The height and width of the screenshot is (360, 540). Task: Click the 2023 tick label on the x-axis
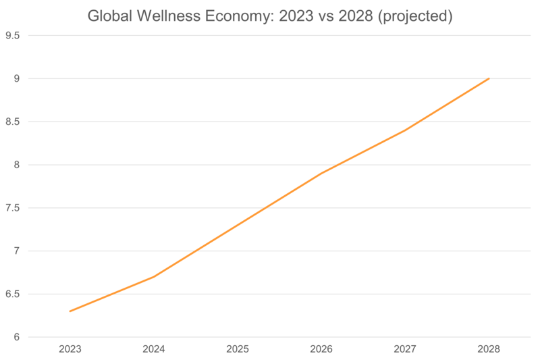point(70,349)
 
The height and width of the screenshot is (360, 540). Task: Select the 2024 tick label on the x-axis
point(154,349)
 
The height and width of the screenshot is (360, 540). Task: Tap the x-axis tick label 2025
point(238,349)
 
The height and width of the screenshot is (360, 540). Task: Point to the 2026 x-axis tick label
point(321,349)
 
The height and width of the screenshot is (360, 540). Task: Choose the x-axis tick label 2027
point(405,349)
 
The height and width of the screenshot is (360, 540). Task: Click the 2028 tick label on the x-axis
point(489,349)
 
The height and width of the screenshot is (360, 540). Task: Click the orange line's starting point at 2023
point(70,311)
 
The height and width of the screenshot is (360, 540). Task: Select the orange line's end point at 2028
point(489,79)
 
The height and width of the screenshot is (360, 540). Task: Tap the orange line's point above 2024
point(154,276)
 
